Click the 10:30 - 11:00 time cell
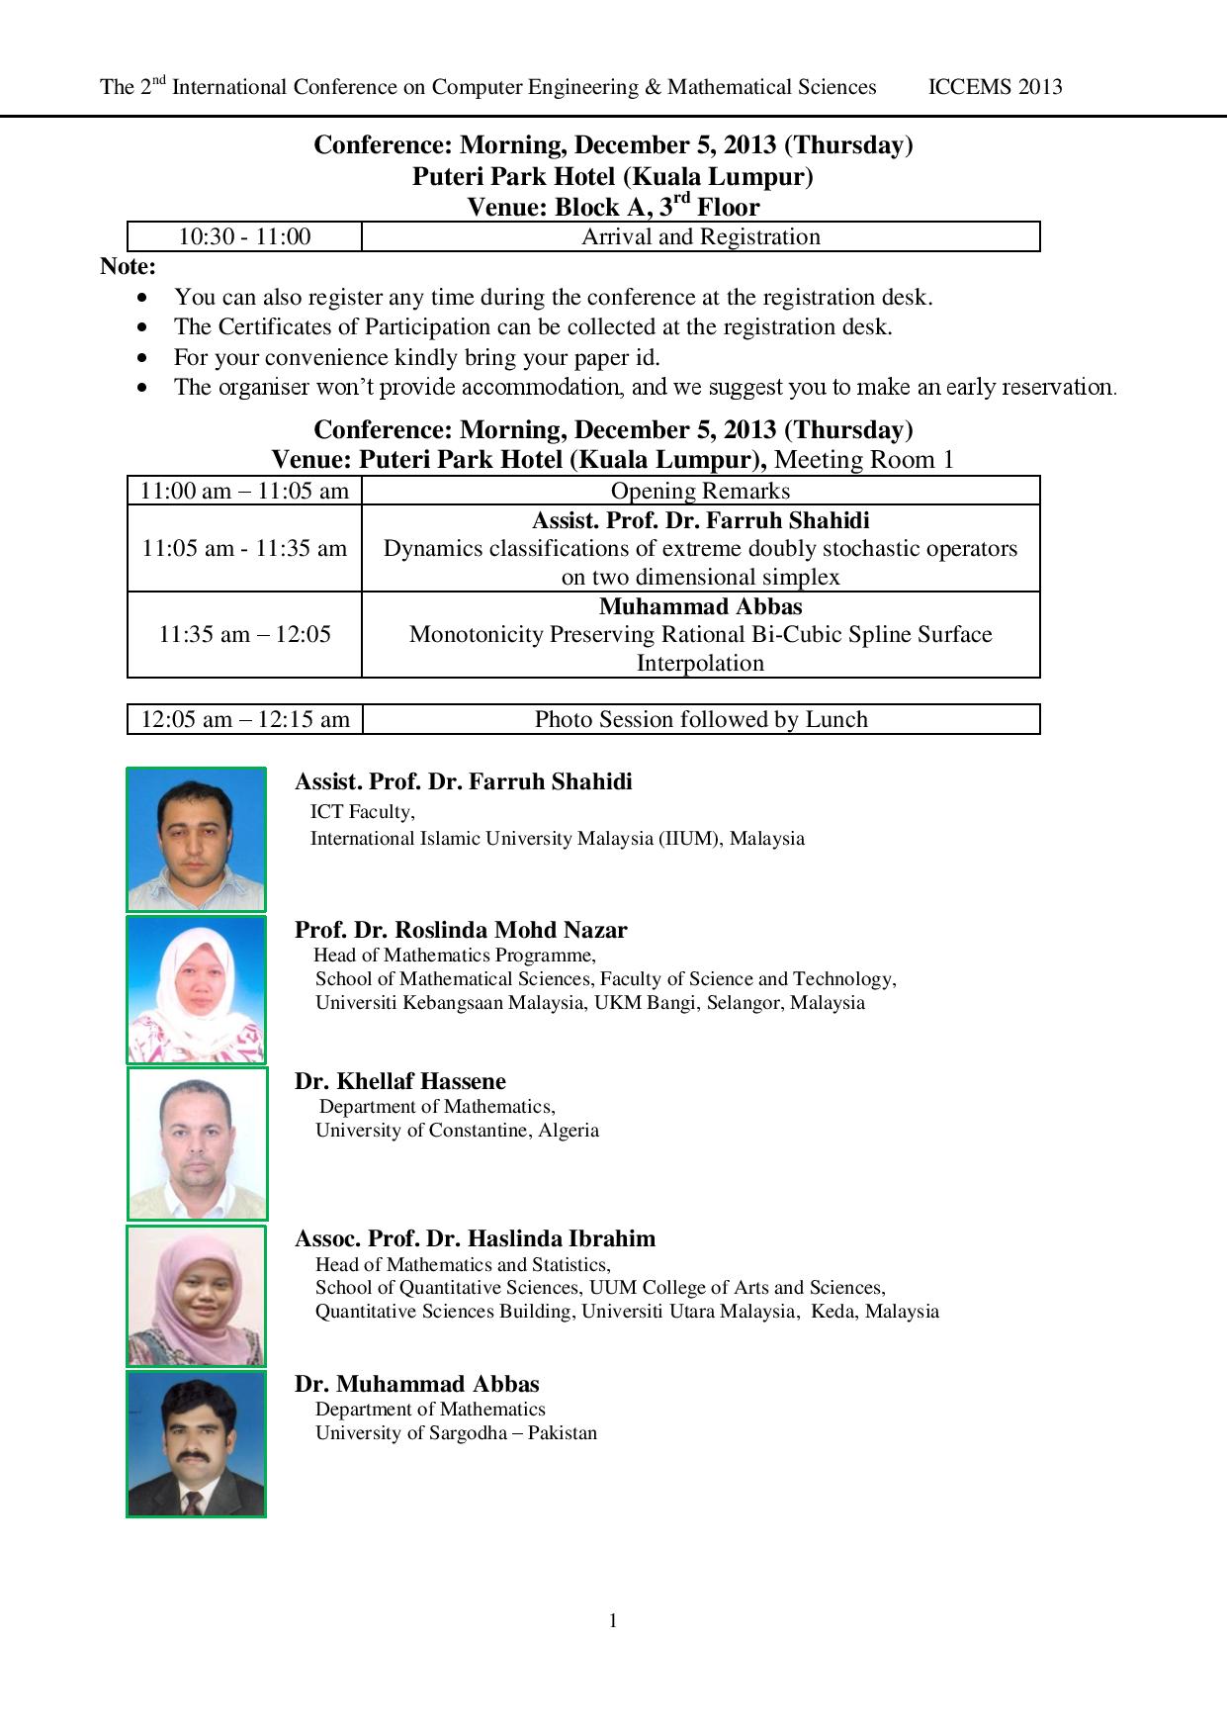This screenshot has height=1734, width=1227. (244, 237)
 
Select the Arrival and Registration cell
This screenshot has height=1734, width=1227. (700, 237)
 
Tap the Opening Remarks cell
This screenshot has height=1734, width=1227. (700, 491)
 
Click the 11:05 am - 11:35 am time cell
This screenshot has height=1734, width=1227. (244, 548)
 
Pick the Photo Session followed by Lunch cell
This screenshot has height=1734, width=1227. (700, 719)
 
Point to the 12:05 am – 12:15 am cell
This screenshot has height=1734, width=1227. (244, 719)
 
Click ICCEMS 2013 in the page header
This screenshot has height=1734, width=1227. (995, 87)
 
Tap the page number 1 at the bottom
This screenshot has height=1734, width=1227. (613, 1620)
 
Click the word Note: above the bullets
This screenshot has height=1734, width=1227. (128, 266)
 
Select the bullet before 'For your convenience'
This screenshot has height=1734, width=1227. (145, 357)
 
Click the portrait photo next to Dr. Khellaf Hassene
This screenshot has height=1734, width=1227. (197, 1143)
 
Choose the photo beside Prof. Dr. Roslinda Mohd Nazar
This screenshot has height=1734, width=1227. (196, 989)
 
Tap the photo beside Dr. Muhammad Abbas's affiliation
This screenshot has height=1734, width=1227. (196, 1443)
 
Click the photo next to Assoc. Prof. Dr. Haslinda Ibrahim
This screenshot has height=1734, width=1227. (196, 1296)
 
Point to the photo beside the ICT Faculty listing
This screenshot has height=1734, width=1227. (196, 839)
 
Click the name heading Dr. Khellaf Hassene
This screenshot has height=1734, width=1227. (399, 1081)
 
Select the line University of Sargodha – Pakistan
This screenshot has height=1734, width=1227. (456, 1432)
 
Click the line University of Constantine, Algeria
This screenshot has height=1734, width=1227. (457, 1130)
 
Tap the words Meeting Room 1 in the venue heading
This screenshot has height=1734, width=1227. (864, 460)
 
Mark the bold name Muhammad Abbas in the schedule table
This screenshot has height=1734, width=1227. (700, 606)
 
